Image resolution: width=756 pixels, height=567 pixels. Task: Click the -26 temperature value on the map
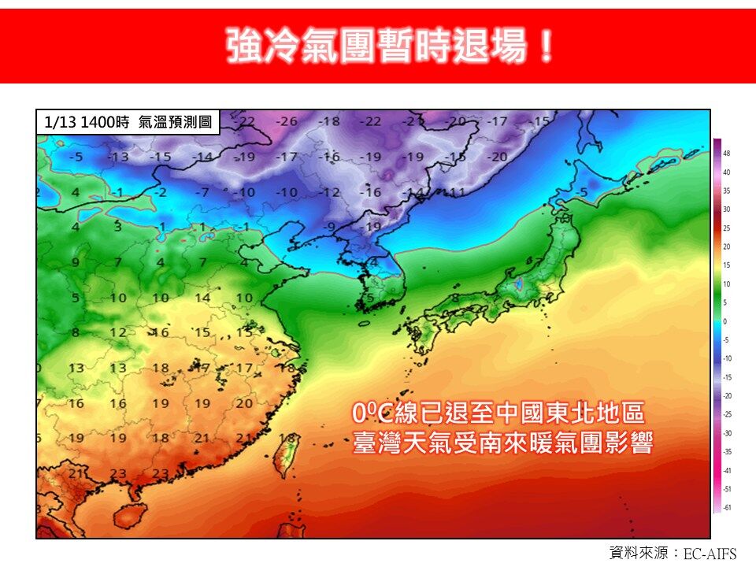coord(288,121)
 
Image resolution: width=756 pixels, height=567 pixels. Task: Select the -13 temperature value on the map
coord(118,157)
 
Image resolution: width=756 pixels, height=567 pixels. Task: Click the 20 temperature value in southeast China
coord(245,402)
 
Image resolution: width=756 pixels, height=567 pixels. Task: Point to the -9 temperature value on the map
coord(332,226)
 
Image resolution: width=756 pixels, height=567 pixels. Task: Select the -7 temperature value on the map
coord(202,191)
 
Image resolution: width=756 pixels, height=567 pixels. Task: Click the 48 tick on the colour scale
coord(727,154)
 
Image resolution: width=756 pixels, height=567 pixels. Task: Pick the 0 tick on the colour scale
coord(726,321)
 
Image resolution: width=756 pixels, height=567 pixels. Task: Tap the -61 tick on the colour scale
coord(727,507)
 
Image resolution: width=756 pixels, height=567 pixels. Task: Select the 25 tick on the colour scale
coord(727,228)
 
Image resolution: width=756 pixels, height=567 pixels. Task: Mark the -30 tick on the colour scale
coord(727,433)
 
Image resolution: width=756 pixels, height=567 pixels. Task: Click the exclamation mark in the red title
coord(544,46)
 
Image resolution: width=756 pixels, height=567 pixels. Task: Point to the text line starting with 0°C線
coord(498,413)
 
